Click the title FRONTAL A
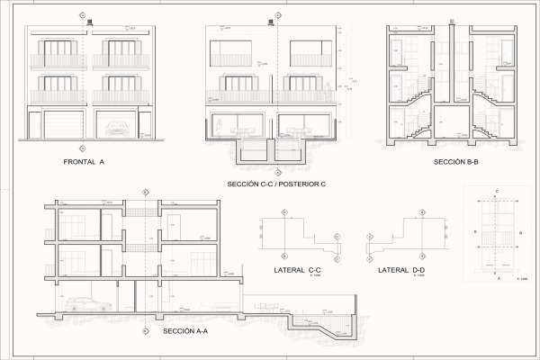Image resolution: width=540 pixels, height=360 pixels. pyautogui.click(x=85, y=162)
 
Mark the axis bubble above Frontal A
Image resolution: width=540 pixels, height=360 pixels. pyautogui.click(x=83, y=16)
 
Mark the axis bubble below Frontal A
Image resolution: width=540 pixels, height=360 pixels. pyautogui.click(x=83, y=148)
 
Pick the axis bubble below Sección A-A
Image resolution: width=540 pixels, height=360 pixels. pyautogui.click(x=145, y=329)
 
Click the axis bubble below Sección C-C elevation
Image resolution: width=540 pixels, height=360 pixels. pyautogui.click(x=278, y=171)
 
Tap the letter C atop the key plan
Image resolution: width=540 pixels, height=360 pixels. pyautogui.click(x=497, y=192)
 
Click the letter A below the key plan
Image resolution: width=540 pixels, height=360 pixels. pyautogui.click(x=497, y=280)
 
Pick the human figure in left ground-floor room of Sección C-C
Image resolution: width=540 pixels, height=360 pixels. pyautogui.click(x=220, y=130)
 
